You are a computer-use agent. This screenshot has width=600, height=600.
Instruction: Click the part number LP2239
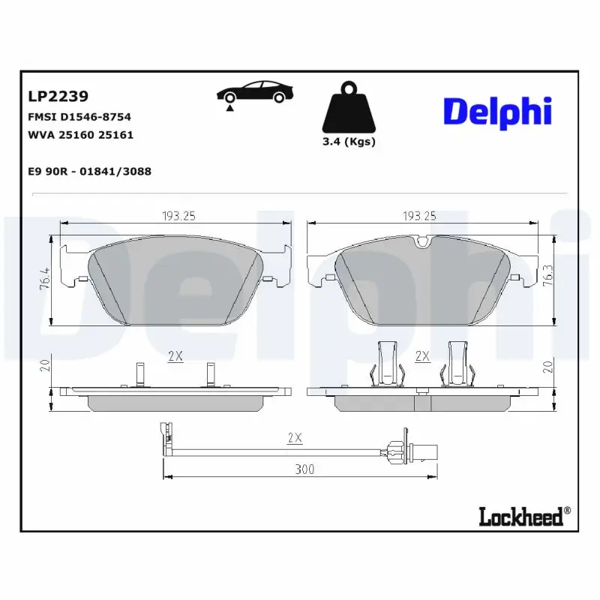[58, 96]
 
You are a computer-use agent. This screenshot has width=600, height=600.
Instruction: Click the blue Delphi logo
[497, 111]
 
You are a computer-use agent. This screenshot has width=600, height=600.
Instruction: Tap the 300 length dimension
[303, 469]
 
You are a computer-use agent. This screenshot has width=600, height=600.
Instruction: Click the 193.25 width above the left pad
[178, 215]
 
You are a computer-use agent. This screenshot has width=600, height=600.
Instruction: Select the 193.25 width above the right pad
[419, 215]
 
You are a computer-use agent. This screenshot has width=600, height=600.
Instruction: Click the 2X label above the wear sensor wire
[295, 436]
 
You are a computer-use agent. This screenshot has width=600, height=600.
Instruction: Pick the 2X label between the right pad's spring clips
[421, 356]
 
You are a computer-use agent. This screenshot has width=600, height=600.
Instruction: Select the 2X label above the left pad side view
[175, 356]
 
